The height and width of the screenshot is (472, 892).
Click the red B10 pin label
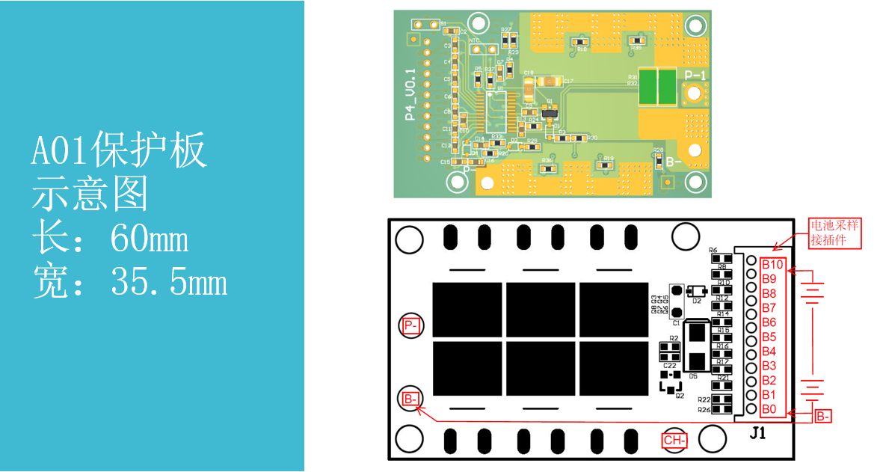(772, 264)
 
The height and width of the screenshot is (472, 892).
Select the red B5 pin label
(769, 337)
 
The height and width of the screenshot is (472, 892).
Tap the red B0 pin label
(769, 409)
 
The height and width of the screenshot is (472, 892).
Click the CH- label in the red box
(674, 440)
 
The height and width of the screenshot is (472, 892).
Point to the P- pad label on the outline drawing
(410, 325)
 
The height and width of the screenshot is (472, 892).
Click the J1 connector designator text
(757, 432)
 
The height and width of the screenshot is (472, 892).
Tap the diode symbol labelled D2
(698, 291)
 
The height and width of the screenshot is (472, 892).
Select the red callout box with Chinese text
(835, 233)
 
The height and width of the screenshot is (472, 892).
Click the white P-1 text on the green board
(695, 76)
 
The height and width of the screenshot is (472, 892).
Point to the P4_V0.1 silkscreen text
(409, 95)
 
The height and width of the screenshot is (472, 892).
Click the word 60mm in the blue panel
(149, 240)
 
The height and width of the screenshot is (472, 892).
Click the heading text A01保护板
(119, 152)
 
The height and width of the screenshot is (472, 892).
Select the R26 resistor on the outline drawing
(722, 410)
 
